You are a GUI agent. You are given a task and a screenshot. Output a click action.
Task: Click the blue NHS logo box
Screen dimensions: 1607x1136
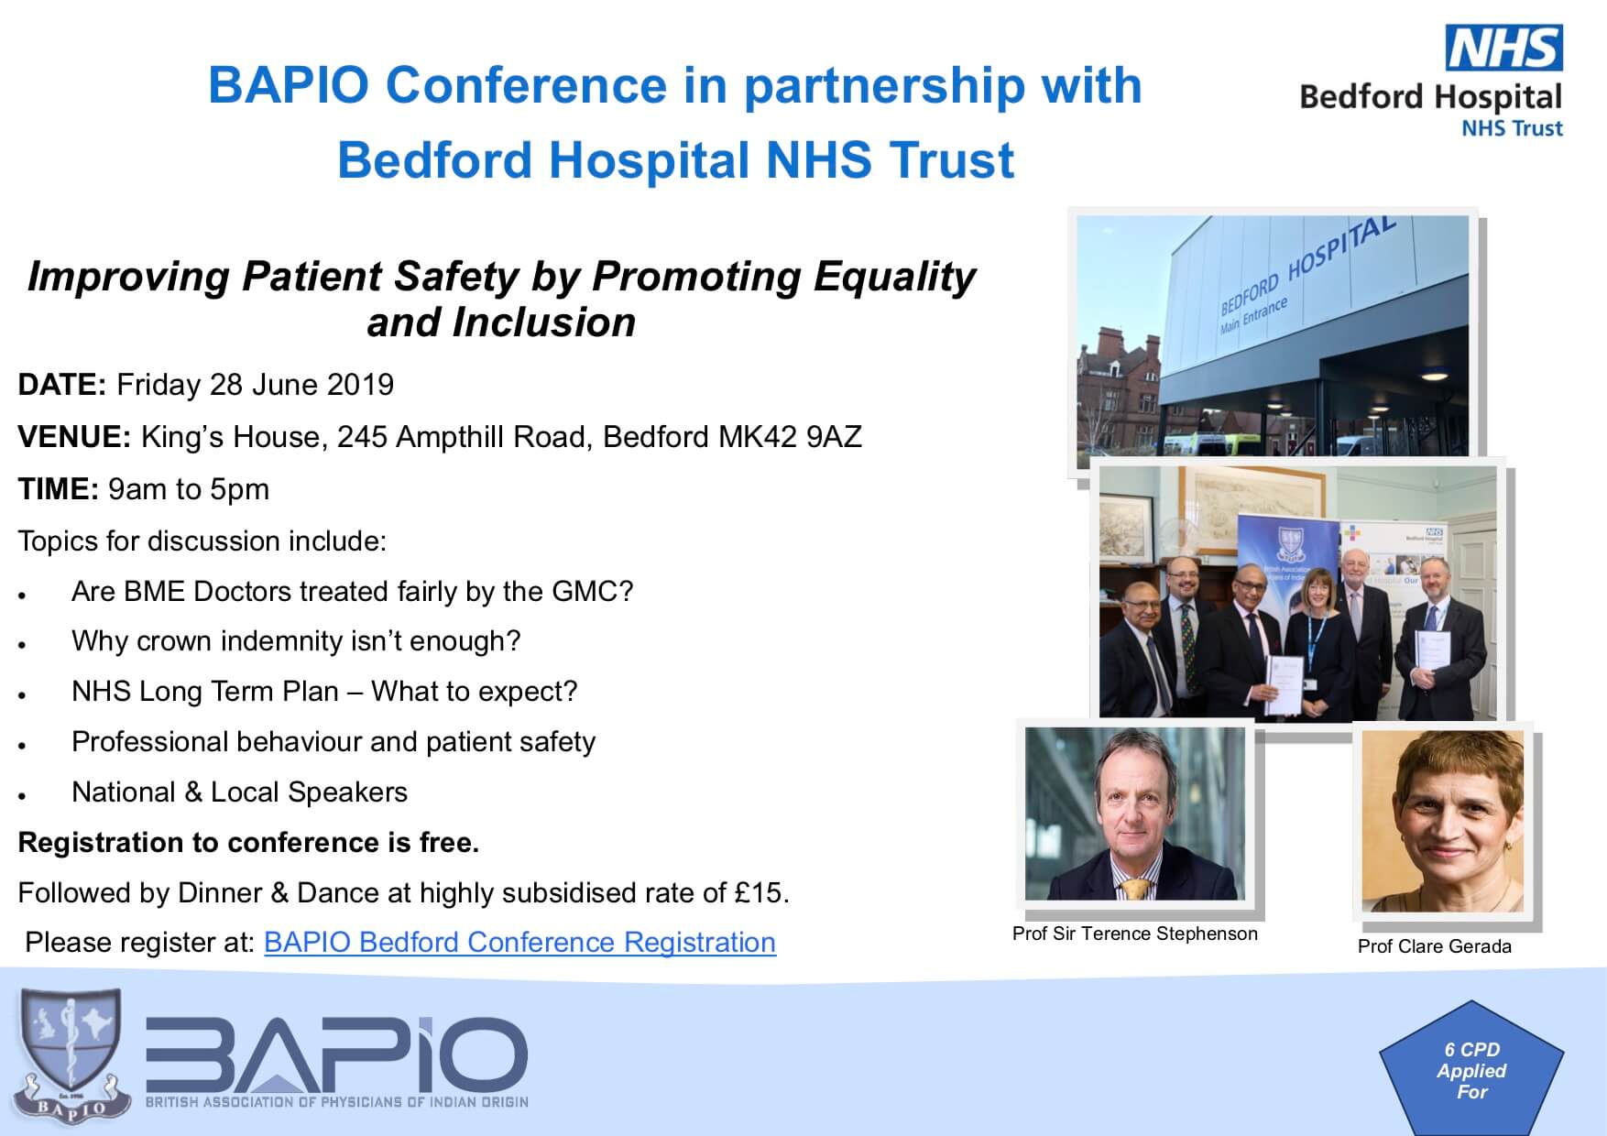pyautogui.click(x=1503, y=48)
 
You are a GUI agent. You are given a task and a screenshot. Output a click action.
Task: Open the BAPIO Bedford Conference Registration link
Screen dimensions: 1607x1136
pyautogui.click(x=519, y=942)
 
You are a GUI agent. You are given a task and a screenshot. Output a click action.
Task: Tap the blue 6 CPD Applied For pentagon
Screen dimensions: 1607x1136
pyautogui.click(x=1471, y=1071)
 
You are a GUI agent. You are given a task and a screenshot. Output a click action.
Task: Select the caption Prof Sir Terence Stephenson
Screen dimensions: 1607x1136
pyautogui.click(x=1134, y=934)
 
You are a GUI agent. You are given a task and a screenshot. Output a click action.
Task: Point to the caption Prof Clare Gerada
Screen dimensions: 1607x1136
pyautogui.click(x=1434, y=946)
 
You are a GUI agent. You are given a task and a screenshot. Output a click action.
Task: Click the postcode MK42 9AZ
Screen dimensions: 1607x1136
pyautogui.click(x=790, y=437)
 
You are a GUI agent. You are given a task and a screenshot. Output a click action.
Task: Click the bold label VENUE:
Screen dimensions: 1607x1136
pyautogui.click(x=75, y=437)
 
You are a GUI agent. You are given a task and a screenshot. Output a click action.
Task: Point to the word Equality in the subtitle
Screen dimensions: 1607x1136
pyautogui.click(x=883, y=278)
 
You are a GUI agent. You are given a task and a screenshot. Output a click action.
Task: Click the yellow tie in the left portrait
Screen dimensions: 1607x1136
pyautogui.click(x=1136, y=888)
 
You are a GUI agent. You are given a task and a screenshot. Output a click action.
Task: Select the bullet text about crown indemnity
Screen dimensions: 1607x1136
pyautogui.click(x=296, y=640)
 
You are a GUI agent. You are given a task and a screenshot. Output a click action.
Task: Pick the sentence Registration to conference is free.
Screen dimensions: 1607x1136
pyautogui.click(x=248, y=842)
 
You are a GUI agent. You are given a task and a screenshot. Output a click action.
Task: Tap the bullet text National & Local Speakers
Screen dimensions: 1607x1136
pyautogui.click(x=239, y=792)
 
